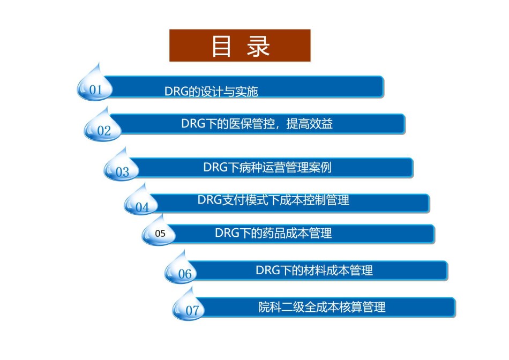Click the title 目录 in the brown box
click(241, 46)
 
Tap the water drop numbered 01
click(95, 85)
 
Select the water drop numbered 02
click(102, 126)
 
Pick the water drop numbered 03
click(122, 166)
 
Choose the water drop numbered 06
click(181, 268)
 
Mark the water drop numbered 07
click(189, 305)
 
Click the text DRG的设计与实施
click(211, 92)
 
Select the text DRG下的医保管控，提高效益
click(257, 124)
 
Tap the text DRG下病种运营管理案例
click(267, 168)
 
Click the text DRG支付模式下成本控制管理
click(273, 200)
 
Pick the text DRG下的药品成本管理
click(273, 233)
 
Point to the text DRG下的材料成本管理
click(314, 270)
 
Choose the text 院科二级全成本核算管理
click(321, 307)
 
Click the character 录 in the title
click(258, 46)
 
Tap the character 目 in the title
click(221, 46)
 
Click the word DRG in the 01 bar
click(177, 92)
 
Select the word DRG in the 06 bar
click(268, 270)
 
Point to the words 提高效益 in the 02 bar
click(309, 124)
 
